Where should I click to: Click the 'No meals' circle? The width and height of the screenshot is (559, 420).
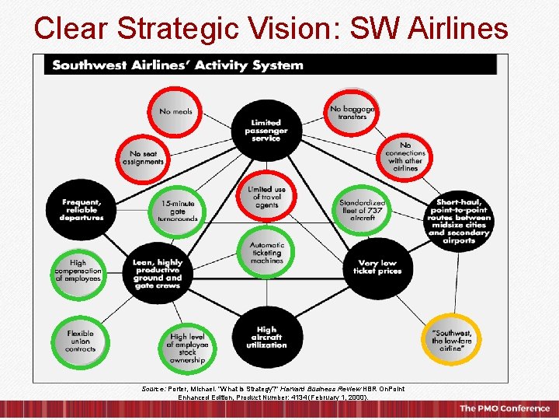175,111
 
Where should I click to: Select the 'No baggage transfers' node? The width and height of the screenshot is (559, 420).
352,112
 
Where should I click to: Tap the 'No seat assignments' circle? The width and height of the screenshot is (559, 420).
143,158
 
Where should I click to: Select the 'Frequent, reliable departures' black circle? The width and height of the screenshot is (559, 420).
81,209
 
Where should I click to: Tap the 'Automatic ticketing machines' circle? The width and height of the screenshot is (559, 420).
266,253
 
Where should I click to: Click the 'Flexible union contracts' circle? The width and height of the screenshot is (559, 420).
80,341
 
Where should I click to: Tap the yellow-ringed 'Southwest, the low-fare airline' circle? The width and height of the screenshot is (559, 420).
451,341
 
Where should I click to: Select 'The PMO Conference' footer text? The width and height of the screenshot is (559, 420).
505,408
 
